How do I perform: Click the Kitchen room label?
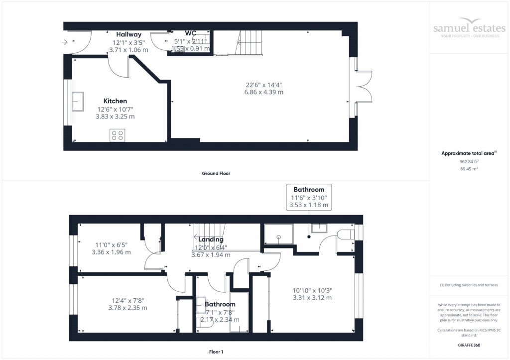(x=115, y=101)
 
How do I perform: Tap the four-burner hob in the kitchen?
(x=118, y=135)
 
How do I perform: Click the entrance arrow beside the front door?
(x=65, y=42)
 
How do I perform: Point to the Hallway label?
(x=128, y=34)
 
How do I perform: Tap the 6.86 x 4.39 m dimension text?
(x=263, y=92)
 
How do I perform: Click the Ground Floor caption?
(x=216, y=174)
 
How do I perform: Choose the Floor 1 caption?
(x=216, y=352)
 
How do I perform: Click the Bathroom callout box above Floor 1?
(x=309, y=197)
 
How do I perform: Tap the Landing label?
(x=211, y=240)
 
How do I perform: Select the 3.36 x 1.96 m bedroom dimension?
(x=111, y=252)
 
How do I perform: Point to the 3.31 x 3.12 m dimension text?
(x=312, y=298)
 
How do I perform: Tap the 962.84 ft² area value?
(x=469, y=161)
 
